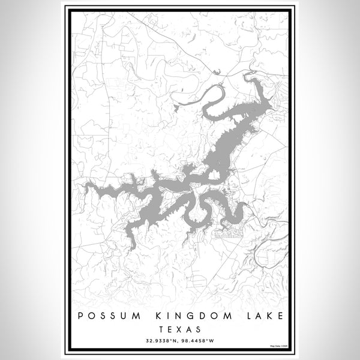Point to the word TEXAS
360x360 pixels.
coord(180,329)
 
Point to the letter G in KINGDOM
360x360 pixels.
coord(179,316)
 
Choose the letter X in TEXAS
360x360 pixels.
coord(180,329)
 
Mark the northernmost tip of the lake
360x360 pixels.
coord(246,76)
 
